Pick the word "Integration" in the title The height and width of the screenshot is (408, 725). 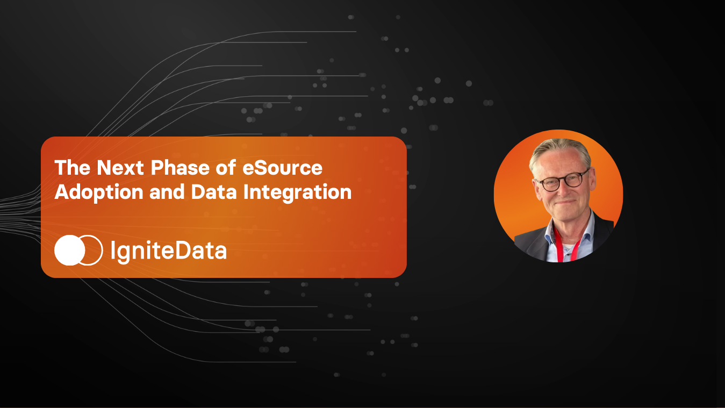(x=297, y=192)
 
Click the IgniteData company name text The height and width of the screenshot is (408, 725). (x=168, y=250)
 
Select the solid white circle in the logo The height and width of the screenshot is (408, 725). (x=69, y=250)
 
